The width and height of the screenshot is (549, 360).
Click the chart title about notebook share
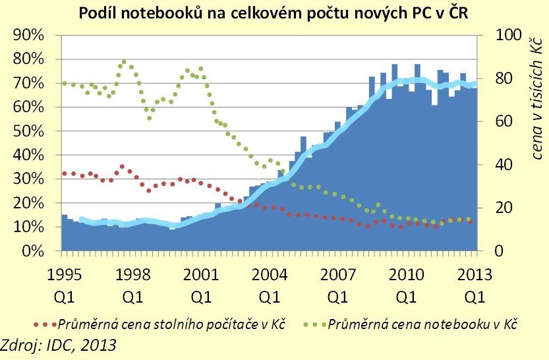tap(274, 13)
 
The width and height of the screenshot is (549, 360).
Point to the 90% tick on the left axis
tap(27, 35)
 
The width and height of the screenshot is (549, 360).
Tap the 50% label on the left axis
tap(27, 131)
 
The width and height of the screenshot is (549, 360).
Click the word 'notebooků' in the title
tap(158, 13)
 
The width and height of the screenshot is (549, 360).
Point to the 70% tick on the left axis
tap(27, 83)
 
